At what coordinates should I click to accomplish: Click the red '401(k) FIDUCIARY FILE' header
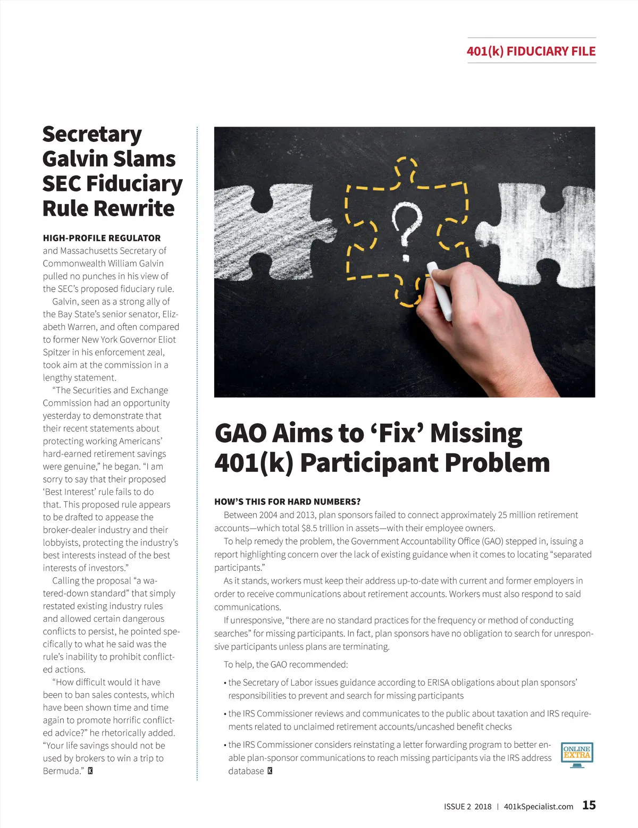pos(531,52)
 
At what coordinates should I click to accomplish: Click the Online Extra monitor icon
pos(577,755)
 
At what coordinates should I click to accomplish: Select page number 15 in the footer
pos(589,805)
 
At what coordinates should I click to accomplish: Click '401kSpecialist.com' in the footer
pos(538,806)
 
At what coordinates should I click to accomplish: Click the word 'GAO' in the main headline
pos(241,433)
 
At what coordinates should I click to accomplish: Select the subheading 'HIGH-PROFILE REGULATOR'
pos(102,238)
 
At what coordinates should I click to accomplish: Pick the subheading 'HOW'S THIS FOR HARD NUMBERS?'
pos(287,502)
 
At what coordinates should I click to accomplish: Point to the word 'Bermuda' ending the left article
pos(61,771)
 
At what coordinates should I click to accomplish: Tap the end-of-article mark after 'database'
pos(270,771)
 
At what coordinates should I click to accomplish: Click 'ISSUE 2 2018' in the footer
pos(467,806)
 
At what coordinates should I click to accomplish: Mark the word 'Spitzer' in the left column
pos(59,352)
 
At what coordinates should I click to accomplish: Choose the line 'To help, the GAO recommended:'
pos(286,664)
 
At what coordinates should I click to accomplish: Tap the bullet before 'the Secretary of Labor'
pos(225,683)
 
